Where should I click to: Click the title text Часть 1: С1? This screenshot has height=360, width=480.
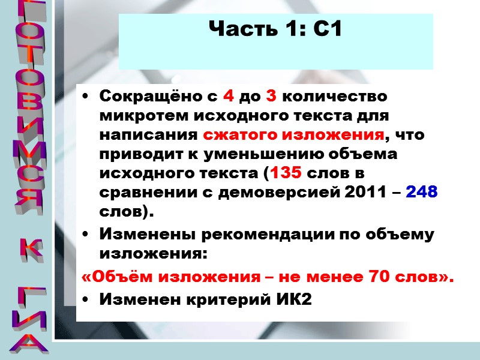coord(275,28)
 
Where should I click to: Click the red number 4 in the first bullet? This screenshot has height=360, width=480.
coord(229,96)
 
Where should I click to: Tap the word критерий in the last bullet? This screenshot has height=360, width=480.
coord(223,300)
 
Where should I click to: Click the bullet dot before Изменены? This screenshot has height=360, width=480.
coord(88,235)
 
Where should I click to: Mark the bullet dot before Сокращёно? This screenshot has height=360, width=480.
coord(88,96)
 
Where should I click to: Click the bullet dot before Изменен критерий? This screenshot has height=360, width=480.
coord(88,300)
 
